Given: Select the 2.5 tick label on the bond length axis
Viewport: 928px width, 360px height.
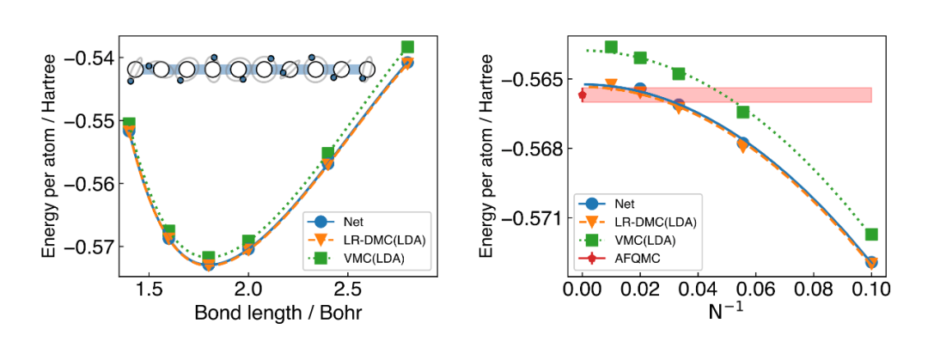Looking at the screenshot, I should pyautogui.click(x=347, y=290).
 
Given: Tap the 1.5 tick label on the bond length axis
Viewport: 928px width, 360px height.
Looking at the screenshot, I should pyautogui.click(x=150, y=290).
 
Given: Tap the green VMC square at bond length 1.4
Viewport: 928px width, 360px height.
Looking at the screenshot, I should pyautogui.click(x=129, y=124).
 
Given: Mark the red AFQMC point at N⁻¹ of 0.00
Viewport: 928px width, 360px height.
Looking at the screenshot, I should pyautogui.click(x=583, y=95).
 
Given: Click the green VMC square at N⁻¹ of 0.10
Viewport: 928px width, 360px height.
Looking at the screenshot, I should pyautogui.click(x=870, y=234).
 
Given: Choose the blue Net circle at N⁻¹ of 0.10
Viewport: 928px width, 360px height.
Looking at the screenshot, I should pyautogui.click(x=870, y=262).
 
